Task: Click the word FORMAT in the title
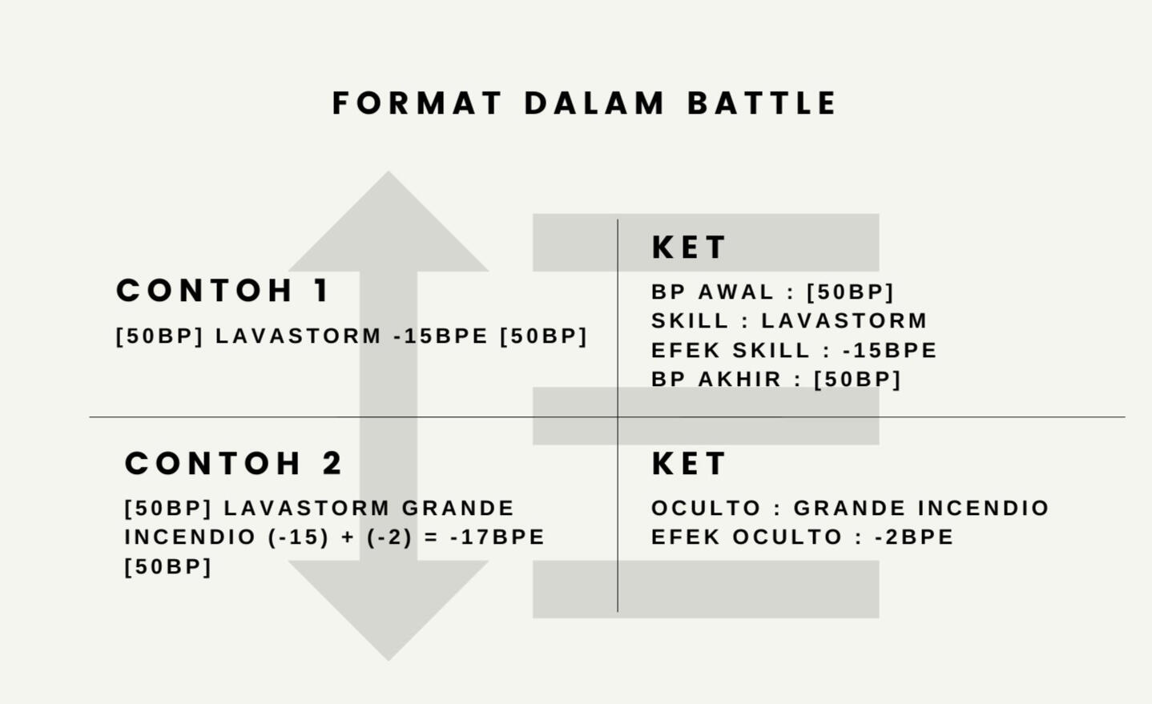tap(417, 103)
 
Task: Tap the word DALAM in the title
tap(594, 103)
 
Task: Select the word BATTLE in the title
tap(762, 103)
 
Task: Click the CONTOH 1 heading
tap(222, 290)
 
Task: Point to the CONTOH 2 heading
tap(233, 463)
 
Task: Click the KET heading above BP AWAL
tap(689, 247)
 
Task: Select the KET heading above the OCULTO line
tap(689, 464)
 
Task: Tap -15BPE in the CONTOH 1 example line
tap(441, 336)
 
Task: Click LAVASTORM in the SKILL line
tap(844, 320)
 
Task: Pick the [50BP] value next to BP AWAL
tap(851, 292)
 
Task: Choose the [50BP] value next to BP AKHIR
tap(858, 380)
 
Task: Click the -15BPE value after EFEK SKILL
tap(890, 350)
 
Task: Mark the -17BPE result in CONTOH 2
tap(497, 537)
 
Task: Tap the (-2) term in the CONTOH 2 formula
tap(390, 537)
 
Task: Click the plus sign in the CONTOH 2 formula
tap(348, 537)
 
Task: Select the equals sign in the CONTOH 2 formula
tap(432, 537)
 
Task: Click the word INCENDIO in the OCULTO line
tap(983, 508)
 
